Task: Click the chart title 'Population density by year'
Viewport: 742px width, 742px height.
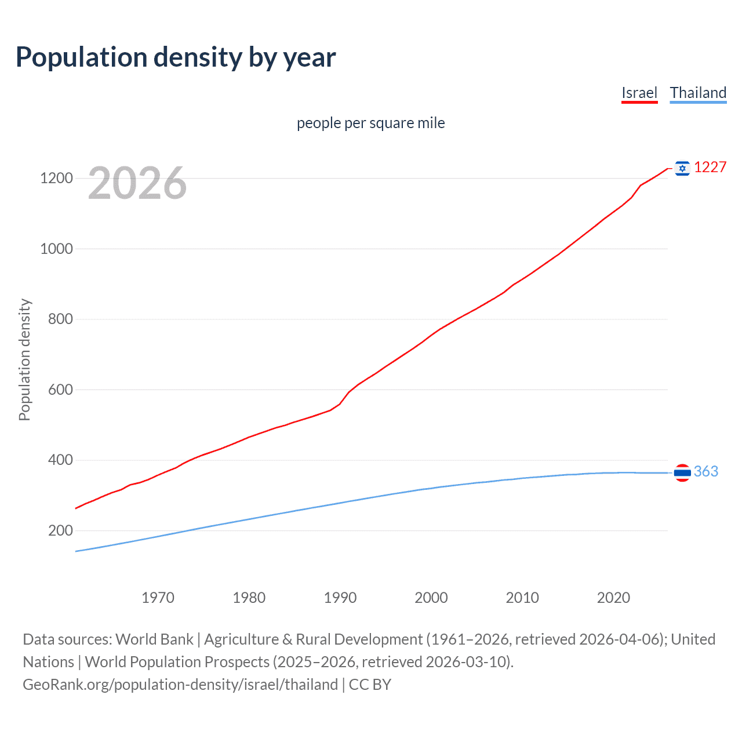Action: click(x=176, y=57)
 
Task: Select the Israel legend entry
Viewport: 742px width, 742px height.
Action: click(x=639, y=93)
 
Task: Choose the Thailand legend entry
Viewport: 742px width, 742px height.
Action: click(x=698, y=93)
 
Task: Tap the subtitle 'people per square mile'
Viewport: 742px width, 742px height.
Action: click(x=370, y=123)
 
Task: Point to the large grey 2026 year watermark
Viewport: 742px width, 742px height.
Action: click(x=137, y=183)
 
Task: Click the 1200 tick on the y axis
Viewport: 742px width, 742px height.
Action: click(x=56, y=178)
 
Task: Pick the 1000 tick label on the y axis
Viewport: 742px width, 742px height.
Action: click(x=56, y=249)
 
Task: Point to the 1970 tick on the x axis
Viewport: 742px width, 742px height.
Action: click(x=158, y=598)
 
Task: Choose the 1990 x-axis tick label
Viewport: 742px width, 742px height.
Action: click(x=340, y=598)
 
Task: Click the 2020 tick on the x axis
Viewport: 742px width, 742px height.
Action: click(x=613, y=598)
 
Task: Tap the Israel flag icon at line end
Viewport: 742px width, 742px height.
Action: click(x=682, y=168)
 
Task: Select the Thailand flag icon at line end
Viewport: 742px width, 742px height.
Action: click(x=682, y=473)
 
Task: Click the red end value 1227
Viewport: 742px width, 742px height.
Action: click(x=710, y=168)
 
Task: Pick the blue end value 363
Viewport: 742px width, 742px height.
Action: click(x=705, y=472)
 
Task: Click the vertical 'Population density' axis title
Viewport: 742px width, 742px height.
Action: click(x=24, y=359)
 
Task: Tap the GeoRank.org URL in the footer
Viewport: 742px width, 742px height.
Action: click(x=180, y=685)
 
